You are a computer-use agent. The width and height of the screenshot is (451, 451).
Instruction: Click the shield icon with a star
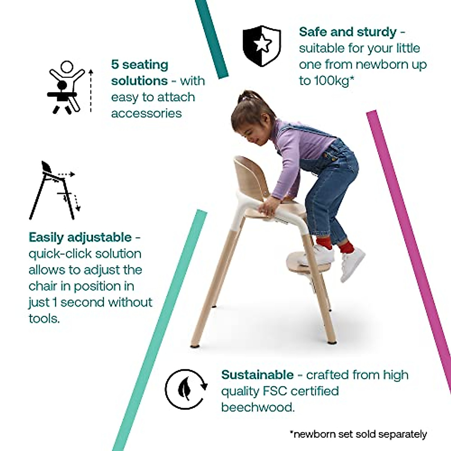pos(262,47)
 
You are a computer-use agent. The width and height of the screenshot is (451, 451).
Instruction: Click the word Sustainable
pos(257,375)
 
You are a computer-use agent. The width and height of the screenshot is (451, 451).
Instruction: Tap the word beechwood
pos(257,407)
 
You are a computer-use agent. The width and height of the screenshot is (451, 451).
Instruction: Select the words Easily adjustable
pos(80,238)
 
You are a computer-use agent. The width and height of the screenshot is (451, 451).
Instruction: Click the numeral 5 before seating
pos(115,65)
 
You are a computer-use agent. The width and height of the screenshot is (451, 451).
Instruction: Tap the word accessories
pos(146,113)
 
